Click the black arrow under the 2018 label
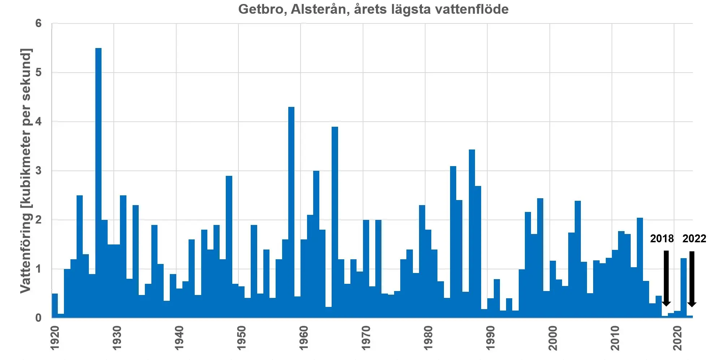(666, 278)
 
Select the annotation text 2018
(662, 239)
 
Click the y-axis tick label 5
(38, 73)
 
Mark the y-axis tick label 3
(38, 171)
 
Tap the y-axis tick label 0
(38, 318)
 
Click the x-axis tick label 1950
(241, 338)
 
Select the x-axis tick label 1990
(490, 338)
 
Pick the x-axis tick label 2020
(677, 338)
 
